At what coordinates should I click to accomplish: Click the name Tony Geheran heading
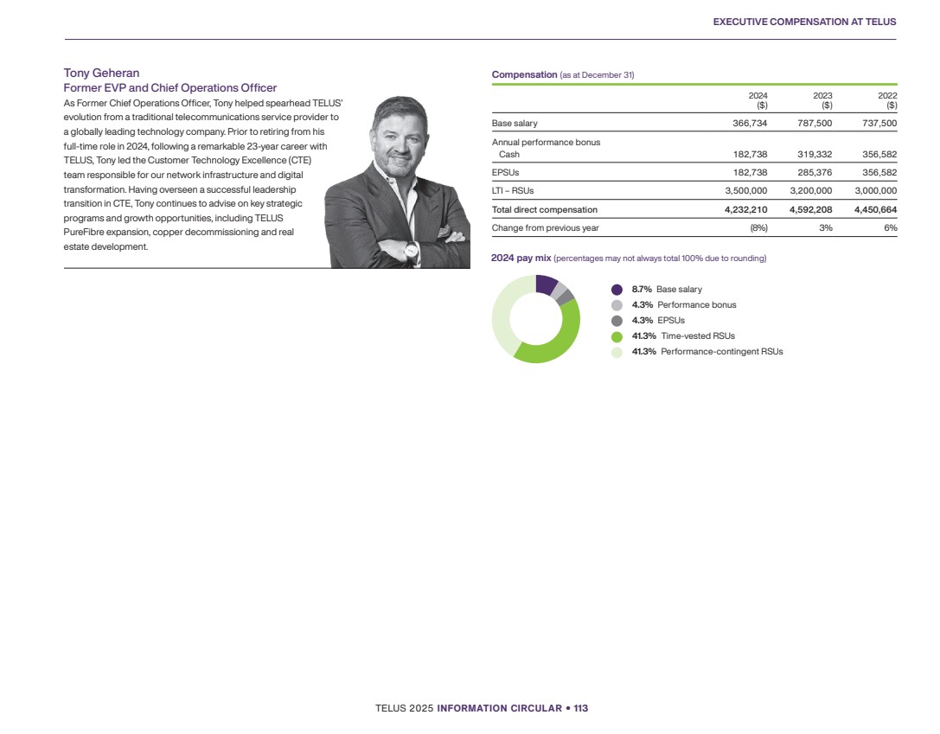[102, 73]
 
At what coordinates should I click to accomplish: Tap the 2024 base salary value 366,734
[745, 124]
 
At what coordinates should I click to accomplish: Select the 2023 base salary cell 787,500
[810, 124]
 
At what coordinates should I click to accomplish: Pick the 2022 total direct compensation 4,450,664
[869, 210]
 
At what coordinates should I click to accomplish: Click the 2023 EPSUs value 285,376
[810, 172]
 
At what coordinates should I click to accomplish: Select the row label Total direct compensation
[544, 210]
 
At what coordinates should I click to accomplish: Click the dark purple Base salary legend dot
[617, 290]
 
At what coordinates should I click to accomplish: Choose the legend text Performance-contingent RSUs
[721, 352]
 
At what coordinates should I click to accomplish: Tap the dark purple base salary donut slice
[546, 284]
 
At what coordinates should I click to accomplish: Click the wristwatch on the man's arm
[412, 250]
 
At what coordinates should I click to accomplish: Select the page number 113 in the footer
[580, 708]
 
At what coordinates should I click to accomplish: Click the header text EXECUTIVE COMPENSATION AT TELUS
[804, 22]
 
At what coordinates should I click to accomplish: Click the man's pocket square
[450, 232]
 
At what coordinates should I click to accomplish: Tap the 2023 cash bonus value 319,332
[810, 154]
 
